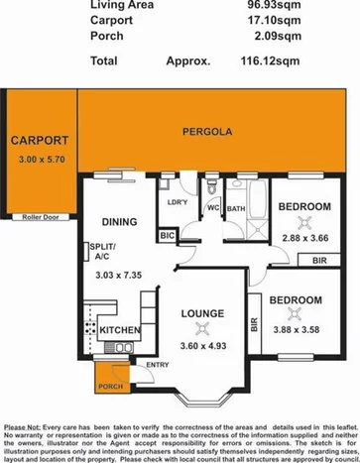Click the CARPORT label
[x=40, y=140]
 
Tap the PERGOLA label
[x=199, y=131]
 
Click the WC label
[x=213, y=208]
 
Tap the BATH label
[x=236, y=208]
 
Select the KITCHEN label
[x=120, y=328]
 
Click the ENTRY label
[x=157, y=365]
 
